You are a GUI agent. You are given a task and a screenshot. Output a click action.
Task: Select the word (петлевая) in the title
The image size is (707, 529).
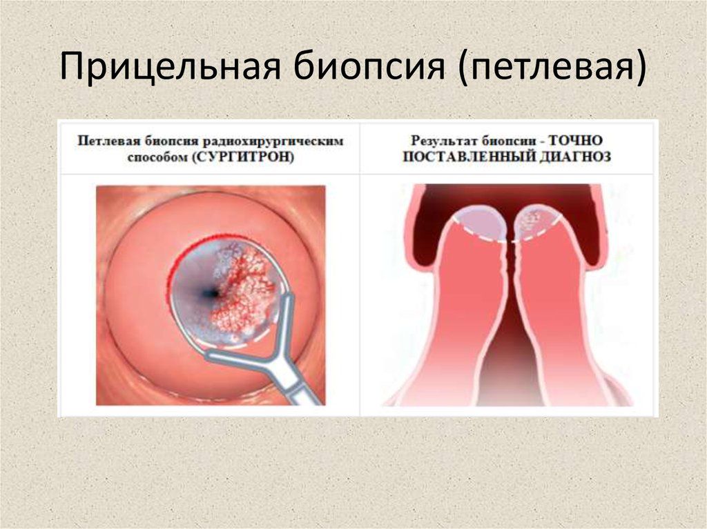pyautogui.click(x=552, y=67)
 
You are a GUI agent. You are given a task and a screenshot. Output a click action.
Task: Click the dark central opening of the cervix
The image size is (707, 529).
pyautogui.click(x=210, y=293)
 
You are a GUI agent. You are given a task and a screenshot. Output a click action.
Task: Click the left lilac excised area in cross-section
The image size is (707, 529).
pyautogui.click(x=481, y=223)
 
